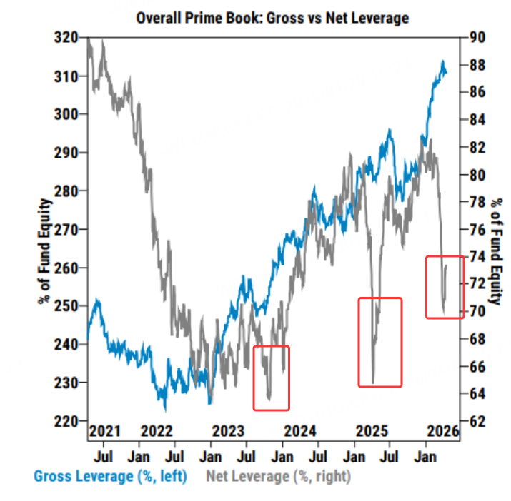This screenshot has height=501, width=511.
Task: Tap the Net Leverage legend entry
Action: point(279,475)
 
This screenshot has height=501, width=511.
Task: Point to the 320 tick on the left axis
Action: point(66,38)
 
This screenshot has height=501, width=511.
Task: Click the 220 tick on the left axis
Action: point(66,421)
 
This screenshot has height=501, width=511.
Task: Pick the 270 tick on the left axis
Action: point(66,230)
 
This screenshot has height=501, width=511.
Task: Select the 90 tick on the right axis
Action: point(477,38)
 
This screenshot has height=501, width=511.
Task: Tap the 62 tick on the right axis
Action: point(477,421)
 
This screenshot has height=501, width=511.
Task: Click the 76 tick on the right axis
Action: point(477,230)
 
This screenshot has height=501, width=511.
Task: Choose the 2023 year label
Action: point(229,431)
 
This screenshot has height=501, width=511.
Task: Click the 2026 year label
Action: point(442,431)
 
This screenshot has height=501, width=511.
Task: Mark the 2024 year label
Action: point(300,431)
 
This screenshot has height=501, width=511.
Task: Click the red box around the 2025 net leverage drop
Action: point(380,342)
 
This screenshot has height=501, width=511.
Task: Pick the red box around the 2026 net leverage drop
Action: point(445,286)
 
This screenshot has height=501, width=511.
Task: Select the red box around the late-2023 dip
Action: point(272,378)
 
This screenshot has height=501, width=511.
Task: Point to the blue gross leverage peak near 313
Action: point(442,64)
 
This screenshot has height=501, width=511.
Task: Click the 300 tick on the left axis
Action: point(66,114)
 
